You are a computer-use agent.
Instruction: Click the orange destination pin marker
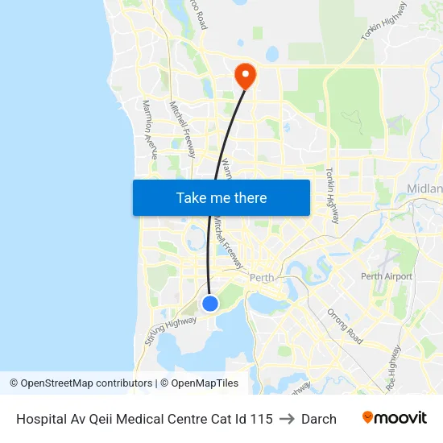pyautogui.click(x=244, y=76)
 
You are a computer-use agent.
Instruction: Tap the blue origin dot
pyautogui.click(x=209, y=303)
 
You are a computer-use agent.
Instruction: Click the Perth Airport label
pyautogui.click(x=387, y=276)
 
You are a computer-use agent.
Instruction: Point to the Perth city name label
pyautogui.click(x=263, y=279)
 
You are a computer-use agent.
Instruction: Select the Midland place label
pyautogui.click(x=425, y=188)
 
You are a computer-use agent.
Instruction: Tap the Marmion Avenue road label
pyautogui.click(x=149, y=129)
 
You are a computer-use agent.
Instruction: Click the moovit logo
pyautogui.click(x=394, y=418)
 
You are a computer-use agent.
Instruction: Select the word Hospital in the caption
pyautogui.click(x=40, y=419)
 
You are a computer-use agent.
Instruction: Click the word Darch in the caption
pyautogui.click(x=319, y=419)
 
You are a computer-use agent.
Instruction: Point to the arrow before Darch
pyautogui.click(x=287, y=419)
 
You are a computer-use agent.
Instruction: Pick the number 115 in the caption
pyautogui.click(x=261, y=419)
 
